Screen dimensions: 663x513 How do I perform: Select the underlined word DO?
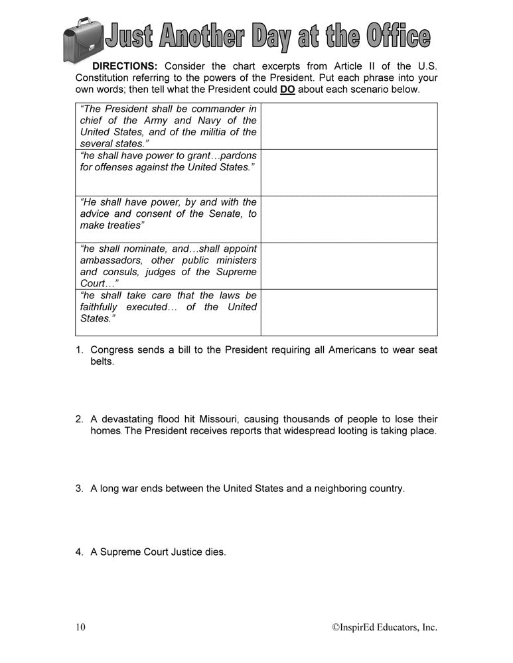coord(287,90)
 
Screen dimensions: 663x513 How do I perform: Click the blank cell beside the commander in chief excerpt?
coord(349,126)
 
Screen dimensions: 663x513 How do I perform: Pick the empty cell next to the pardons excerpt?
coord(349,172)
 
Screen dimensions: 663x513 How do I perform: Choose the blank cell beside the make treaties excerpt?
coord(349,219)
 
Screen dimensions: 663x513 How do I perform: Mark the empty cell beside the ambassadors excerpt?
coord(349,265)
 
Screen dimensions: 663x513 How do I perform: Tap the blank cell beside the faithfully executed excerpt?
coord(349,312)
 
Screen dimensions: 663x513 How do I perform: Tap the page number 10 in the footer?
coord(80,627)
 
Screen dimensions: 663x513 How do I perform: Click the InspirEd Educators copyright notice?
coord(385,627)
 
